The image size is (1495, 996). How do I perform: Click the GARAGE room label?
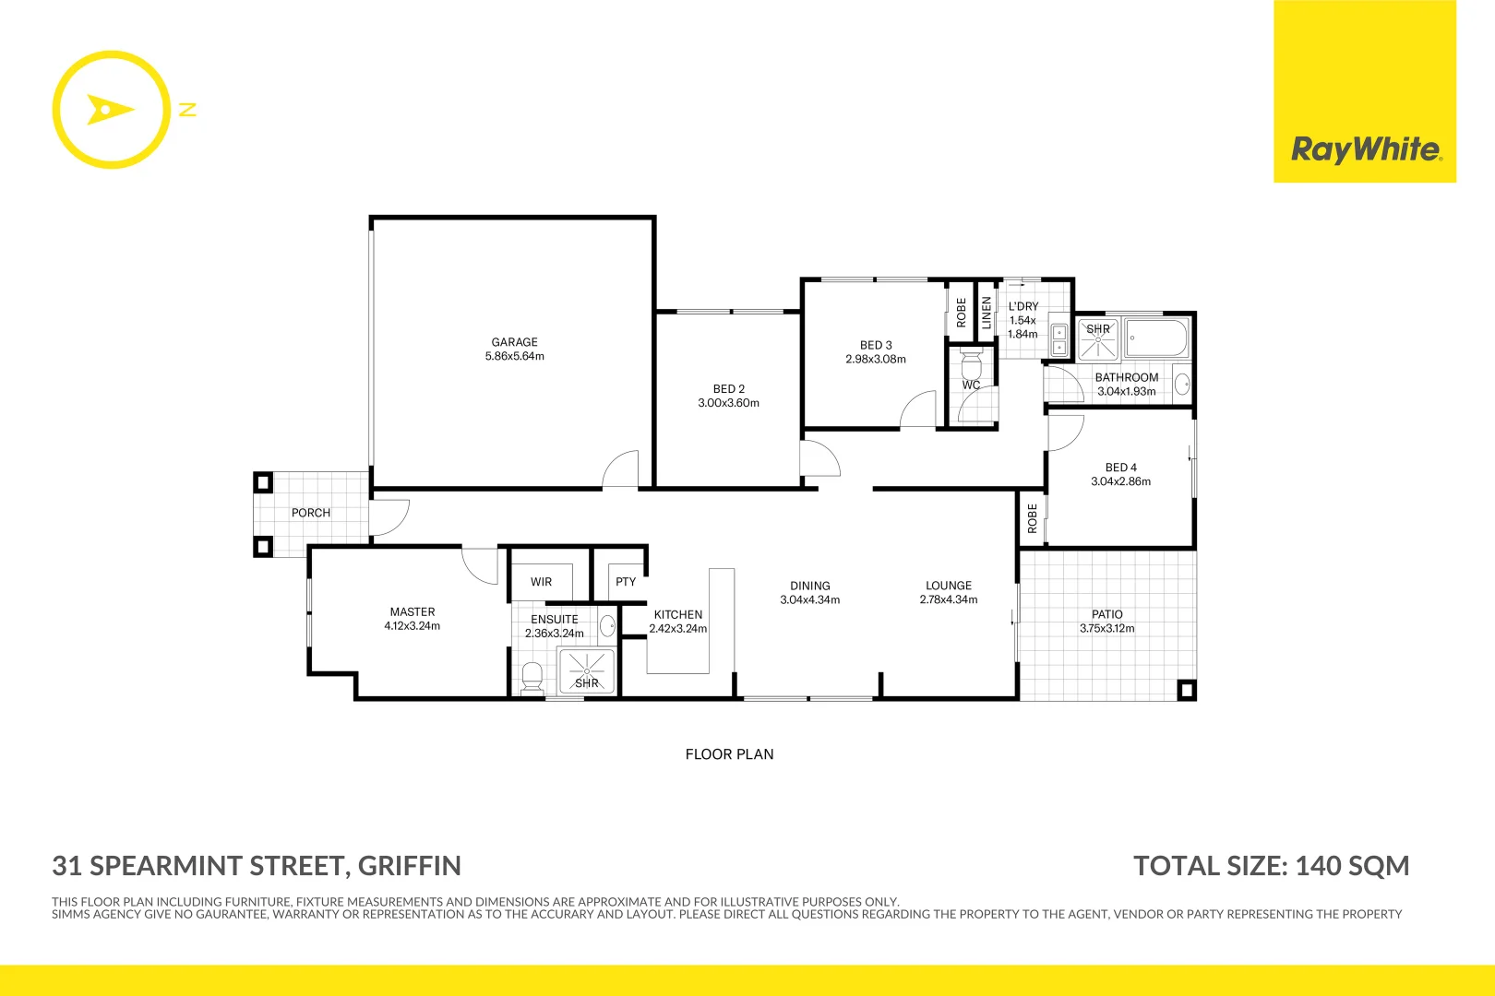[x=514, y=342]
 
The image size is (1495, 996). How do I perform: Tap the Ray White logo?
[x=1364, y=149]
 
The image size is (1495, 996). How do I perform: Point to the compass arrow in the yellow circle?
[x=109, y=110]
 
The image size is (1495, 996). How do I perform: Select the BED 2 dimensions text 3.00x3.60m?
[x=728, y=403]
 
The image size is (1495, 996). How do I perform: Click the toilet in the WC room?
[x=971, y=363]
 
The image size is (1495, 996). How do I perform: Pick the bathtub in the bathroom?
[x=1156, y=338]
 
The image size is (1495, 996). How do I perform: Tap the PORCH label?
[x=310, y=513]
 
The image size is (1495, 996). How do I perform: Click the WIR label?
[x=541, y=582]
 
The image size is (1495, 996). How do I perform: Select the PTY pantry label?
[x=626, y=582]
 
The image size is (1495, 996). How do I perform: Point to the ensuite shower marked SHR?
[x=586, y=671]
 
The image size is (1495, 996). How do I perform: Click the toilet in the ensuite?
[x=532, y=677]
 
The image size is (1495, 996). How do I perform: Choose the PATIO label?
[x=1106, y=614]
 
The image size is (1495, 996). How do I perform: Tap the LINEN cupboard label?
[x=987, y=312]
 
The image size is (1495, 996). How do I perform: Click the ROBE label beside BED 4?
[x=1033, y=518]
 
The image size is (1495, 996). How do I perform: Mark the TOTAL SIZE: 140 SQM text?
[x=1271, y=866]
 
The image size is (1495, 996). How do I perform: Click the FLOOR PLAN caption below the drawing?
[x=729, y=754]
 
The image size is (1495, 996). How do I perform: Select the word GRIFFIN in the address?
[x=409, y=866]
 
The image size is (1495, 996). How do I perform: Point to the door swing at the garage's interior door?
[x=621, y=468]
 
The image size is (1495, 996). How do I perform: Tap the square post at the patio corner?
[x=1187, y=690]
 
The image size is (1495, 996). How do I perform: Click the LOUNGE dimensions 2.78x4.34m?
[x=948, y=599]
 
